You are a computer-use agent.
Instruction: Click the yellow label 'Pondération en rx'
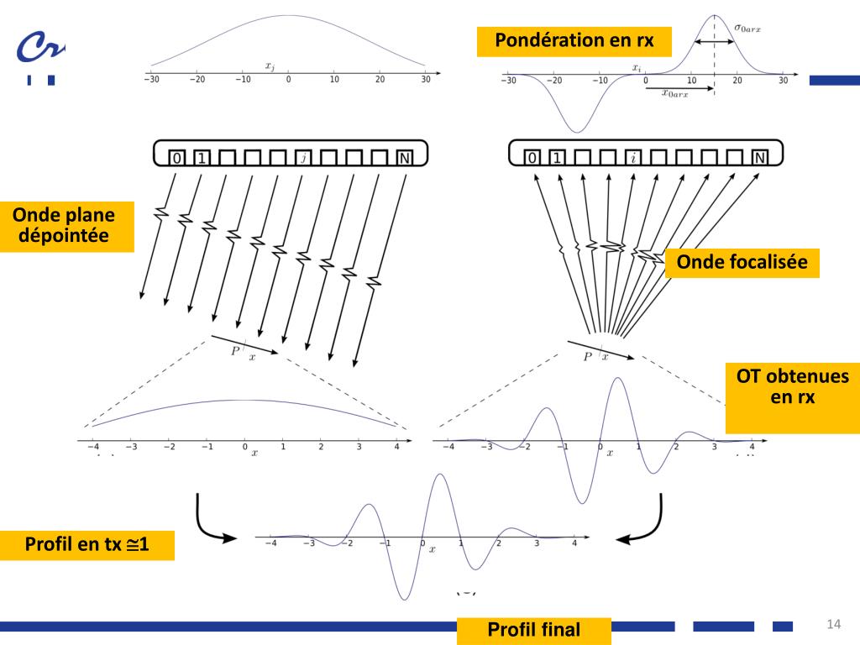(574, 40)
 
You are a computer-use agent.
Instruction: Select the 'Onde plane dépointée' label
(66, 226)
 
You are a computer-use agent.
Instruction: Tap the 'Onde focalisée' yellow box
(742, 262)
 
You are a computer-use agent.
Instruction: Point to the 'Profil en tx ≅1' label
(87, 546)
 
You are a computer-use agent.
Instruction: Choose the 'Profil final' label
(533, 629)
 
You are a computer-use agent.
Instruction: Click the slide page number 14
(833, 623)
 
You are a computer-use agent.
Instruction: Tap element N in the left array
(404, 158)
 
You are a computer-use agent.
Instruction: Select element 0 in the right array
(532, 158)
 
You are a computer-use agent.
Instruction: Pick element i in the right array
(633, 158)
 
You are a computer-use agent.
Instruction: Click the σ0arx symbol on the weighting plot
(747, 28)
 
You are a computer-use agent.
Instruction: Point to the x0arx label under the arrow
(675, 94)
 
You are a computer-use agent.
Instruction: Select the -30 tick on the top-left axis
(151, 80)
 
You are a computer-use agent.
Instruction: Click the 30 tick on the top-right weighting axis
(783, 81)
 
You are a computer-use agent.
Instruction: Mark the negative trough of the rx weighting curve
(576, 130)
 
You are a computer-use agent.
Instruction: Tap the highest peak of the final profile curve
(440, 475)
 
